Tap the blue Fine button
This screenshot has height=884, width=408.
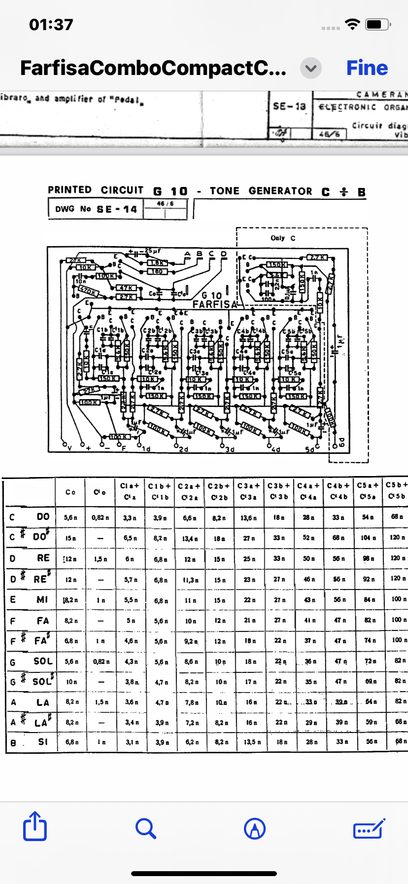pos(367,68)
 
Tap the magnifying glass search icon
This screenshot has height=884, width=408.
pos(145,828)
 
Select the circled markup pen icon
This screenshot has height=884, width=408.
pos(255,828)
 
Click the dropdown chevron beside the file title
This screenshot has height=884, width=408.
pos(311,68)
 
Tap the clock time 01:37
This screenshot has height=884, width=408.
pos(51,25)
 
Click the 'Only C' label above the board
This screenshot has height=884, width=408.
pos(283,238)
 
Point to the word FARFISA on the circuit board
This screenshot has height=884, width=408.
pos(215,304)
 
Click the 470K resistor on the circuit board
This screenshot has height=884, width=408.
pos(88,291)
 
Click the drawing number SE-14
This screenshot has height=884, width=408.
pos(117,209)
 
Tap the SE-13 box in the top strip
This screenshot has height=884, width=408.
pos(289,106)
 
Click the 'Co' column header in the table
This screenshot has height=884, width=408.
pos(70,492)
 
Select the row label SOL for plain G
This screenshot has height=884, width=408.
pos(43,661)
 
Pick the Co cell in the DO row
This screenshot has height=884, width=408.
pos(70,517)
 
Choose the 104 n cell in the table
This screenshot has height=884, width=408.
pos(369,538)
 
